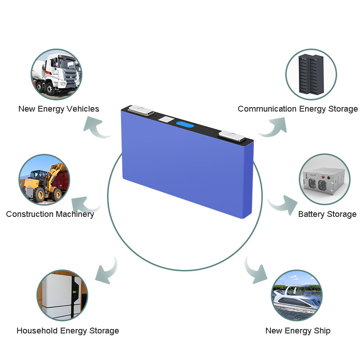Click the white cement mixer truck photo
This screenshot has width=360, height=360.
tap(56, 74)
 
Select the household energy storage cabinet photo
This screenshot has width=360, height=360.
tap(62, 295)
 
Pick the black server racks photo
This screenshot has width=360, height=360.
tap(311, 73)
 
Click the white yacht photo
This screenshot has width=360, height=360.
tap(297, 296)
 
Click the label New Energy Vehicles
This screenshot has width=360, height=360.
tap(58, 109)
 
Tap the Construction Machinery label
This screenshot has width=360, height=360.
tap(50, 214)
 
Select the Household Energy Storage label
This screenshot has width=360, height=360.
tap(67, 331)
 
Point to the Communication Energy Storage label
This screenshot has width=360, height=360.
tap(297, 109)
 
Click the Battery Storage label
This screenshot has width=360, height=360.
tap(327, 214)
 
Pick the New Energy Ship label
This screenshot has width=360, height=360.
tap(297, 331)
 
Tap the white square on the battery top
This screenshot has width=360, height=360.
tap(166, 120)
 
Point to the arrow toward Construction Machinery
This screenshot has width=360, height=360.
tap(86, 205)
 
